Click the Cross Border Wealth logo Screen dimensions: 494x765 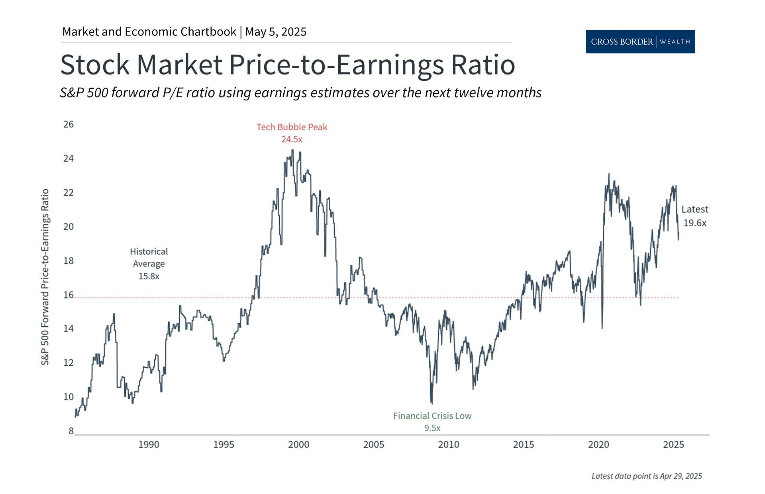(x=640, y=41)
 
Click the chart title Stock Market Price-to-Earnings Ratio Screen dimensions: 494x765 (x=287, y=65)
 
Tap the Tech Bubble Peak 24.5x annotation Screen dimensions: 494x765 (x=292, y=133)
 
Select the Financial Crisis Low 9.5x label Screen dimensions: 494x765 (x=432, y=422)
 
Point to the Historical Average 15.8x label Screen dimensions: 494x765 (x=149, y=264)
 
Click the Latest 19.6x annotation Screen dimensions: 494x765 (x=694, y=216)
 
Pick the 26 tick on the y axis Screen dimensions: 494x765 (x=69, y=124)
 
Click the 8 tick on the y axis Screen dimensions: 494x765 (x=71, y=431)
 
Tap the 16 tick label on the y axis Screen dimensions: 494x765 (x=69, y=295)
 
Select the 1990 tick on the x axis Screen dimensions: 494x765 (x=149, y=445)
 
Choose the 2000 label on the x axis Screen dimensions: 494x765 (x=298, y=445)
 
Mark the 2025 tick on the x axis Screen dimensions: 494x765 (x=673, y=445)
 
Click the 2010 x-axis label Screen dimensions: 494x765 (x=449, y=445)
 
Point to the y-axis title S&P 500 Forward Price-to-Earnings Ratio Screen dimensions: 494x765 (x=45, y=277)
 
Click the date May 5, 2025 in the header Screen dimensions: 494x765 (x=276, y=32)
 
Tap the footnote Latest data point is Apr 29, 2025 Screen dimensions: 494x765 (x=646, y=476)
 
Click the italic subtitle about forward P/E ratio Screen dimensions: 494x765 (x=300, y=92)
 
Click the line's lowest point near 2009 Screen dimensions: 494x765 (x=432, y=403)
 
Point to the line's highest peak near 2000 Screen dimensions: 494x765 (x=293, y=150)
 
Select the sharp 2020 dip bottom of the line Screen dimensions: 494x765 (x=602, y=328)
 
